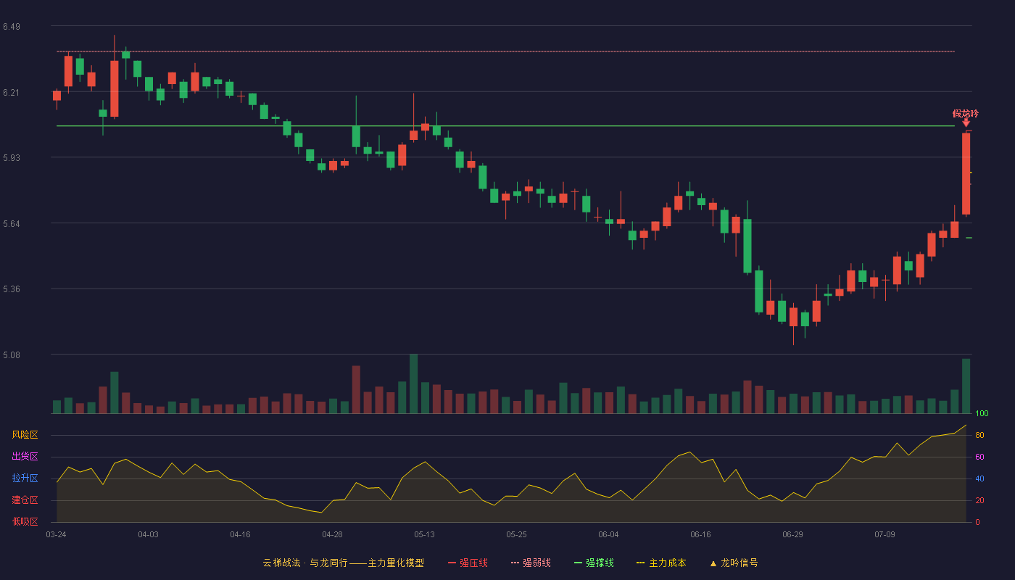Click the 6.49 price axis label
(12, 27)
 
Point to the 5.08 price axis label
(12, 355)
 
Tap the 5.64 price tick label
(12, 224)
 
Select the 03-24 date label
(57, 535)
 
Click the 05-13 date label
(424, 535)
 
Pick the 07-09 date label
(884, 535)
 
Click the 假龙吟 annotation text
(966, 113)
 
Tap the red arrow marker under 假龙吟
(966, 123)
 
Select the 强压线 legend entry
(468, 563)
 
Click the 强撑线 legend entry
(594, 563)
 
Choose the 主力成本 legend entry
(661, 563)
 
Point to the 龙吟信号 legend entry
(734, 563)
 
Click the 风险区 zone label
(25, 434)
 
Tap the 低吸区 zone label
(25, 521)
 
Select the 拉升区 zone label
(25, 478)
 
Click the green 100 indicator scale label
(982, 413)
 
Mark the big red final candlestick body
(966, 173)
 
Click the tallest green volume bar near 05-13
(414, 384)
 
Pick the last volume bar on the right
(966, 386)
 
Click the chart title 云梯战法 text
(282, 563)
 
